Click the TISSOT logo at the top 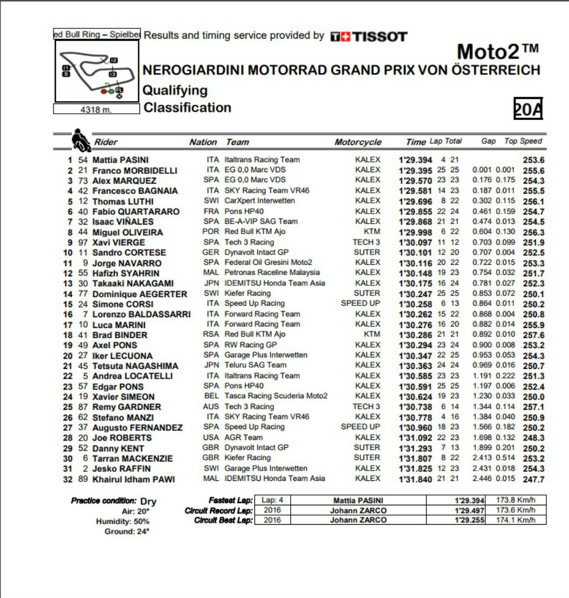369,36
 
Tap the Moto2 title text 497,52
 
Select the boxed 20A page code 527,108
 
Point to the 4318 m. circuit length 96,110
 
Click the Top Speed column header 523,142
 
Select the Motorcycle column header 358,142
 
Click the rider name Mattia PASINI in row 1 120,160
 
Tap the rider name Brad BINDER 119,335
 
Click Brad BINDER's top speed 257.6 534,335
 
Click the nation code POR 211,232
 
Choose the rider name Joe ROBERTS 122,438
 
